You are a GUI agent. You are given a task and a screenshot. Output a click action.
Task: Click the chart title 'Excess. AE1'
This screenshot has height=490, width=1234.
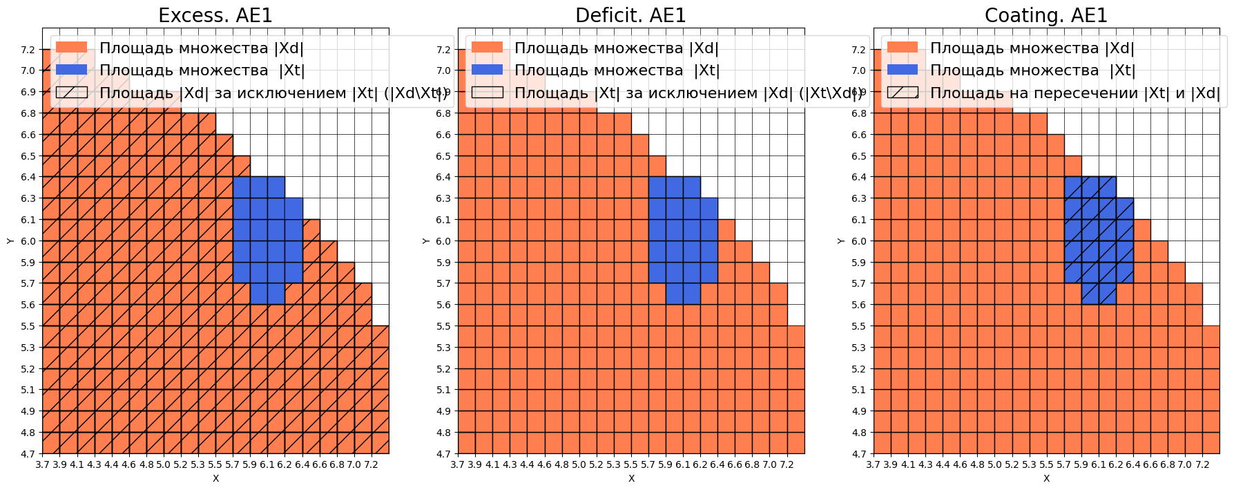click(x=215, y=15)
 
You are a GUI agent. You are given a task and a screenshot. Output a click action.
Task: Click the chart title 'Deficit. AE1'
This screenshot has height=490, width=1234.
click(x=630, y=15)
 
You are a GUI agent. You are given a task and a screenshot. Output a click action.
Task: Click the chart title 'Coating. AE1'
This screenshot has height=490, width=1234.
click(x=1045, y=15)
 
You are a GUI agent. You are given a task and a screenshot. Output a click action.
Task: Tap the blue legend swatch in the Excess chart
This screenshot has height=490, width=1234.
click(x=72, y=70)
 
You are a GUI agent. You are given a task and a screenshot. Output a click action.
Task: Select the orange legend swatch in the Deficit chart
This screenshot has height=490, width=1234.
click(x=487, y=48)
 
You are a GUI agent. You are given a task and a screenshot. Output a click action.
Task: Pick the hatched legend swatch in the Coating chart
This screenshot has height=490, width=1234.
click(x=903, y=93)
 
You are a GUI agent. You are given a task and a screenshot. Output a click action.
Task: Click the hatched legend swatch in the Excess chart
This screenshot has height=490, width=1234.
click(x=72, y=93)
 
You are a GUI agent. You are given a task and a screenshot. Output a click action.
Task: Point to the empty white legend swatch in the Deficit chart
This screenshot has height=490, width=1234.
click(x=487, y=93)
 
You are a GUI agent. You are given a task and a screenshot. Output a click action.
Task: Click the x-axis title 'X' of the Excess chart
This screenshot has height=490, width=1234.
click(x=215, y=478)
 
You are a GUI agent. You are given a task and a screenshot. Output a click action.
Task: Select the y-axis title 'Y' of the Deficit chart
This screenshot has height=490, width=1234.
click(x=425, y=241)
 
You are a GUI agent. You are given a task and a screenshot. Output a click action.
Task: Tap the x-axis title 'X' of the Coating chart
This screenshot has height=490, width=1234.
click(x=1046, y=478)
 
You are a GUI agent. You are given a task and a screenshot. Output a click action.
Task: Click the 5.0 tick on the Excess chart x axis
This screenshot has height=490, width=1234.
click(x=163, y=465)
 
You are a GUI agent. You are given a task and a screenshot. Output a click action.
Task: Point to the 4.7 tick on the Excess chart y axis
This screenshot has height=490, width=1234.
click(x=28, y=454)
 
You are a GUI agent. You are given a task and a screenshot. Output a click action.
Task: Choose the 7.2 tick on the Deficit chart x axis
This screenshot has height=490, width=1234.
click(x=787, y=465)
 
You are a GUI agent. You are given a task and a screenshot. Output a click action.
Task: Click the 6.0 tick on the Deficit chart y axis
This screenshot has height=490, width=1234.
click(x=443, y=241)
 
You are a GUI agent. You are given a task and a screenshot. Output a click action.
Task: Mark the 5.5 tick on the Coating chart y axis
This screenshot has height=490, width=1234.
click(x=858, y=326)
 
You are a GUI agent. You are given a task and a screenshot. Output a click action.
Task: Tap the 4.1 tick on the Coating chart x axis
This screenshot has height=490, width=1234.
click(x=907, y=465)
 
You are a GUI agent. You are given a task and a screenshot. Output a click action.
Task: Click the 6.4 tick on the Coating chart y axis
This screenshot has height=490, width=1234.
click(x=858, y=177)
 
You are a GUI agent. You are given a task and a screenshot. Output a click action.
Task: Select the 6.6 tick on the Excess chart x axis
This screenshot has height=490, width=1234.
click(x=319, y=465)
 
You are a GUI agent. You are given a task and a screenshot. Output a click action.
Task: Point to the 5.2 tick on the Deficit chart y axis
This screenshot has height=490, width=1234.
click(x=443, y=369)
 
